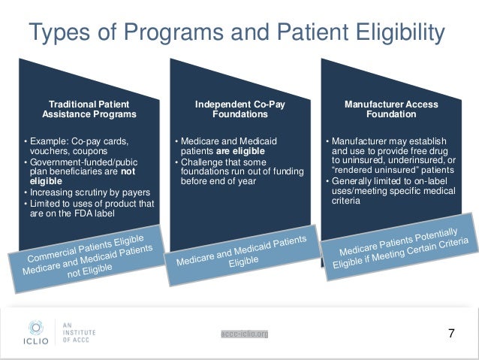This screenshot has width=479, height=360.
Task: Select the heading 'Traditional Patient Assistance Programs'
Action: coord(89,109)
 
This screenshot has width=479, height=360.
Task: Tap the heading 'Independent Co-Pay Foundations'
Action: coord(239,109)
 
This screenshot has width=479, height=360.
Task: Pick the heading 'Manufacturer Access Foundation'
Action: coord(390,109)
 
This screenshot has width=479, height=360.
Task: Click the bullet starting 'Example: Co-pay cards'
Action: coord(80,146)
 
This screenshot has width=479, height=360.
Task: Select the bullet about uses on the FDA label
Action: coord(90,208)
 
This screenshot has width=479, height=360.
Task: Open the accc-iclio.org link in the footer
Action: coord(246,334)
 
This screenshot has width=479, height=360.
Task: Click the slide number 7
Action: coord(451,332)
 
